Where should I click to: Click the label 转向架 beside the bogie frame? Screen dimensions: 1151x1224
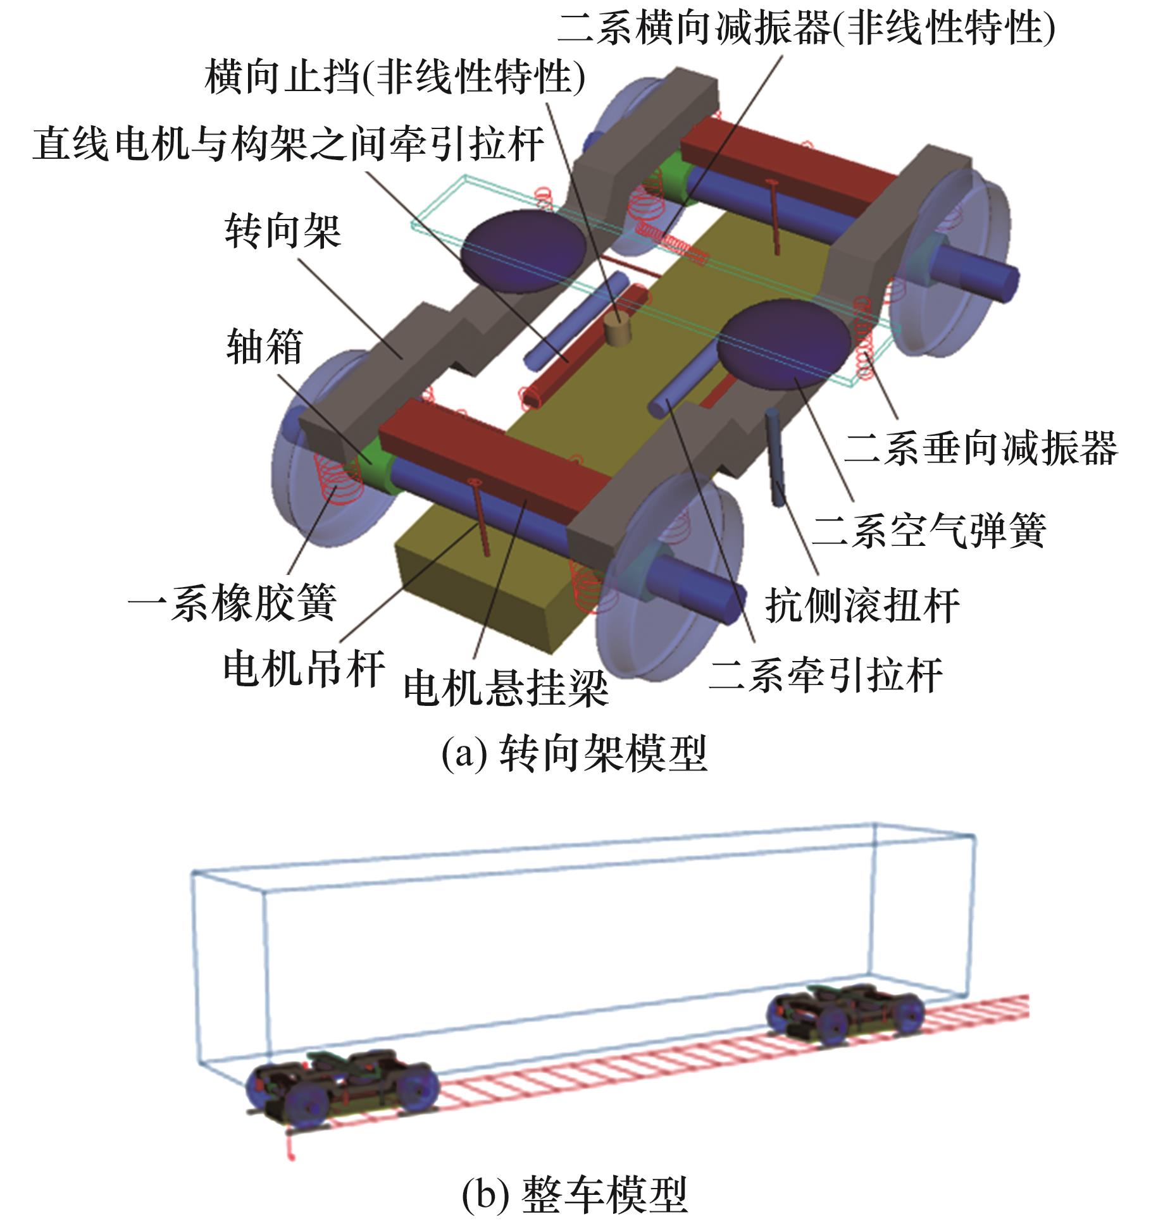[283, 232]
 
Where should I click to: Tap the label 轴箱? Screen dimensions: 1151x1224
[264, 347]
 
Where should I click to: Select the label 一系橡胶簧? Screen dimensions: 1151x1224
[232, 602]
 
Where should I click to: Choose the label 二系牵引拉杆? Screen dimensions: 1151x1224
[825, 675]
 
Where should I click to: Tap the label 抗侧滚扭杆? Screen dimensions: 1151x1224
[862, 605]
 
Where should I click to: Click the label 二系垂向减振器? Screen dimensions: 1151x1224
[981, 447]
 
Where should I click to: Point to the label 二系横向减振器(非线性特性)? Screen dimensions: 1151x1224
[806, 28]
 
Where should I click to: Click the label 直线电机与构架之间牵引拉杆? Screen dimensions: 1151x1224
[289, 144]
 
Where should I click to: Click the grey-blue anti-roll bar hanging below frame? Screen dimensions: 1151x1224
[776, 458]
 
